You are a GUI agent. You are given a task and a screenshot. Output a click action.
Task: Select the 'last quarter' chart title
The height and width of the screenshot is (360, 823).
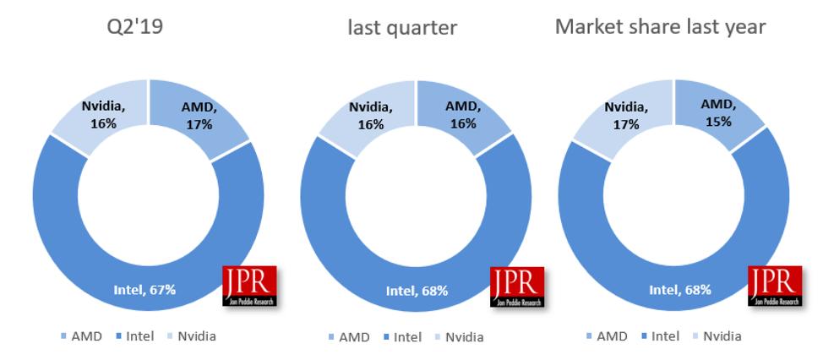click(x=402, y=28)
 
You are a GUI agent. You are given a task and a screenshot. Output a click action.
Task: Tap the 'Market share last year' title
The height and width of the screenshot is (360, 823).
click(x=660, y=27)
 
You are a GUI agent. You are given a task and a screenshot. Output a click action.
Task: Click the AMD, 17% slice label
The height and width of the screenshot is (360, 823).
click(x=200, y=115)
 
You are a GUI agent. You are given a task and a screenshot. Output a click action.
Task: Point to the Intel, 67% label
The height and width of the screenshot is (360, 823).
click(x=144, y=290)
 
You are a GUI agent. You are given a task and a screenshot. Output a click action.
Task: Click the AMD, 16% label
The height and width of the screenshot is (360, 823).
click(x=463, y=115)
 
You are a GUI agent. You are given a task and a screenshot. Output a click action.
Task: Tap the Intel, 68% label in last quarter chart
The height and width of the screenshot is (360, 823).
click(x=417, y=291)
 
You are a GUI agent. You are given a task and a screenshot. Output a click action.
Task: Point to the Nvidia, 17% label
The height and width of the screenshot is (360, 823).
click(x=627, y=116)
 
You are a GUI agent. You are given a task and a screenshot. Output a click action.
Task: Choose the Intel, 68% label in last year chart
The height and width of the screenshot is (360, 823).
click(x=680, y=290)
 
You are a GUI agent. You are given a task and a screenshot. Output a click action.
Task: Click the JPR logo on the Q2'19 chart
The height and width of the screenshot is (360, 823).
click(x=250, y=286)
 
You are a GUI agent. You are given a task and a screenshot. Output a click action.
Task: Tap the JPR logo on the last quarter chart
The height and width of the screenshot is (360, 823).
click(x=517, y=286)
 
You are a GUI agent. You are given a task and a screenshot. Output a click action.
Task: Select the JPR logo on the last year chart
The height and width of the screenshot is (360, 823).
click(x=775, y=286)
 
